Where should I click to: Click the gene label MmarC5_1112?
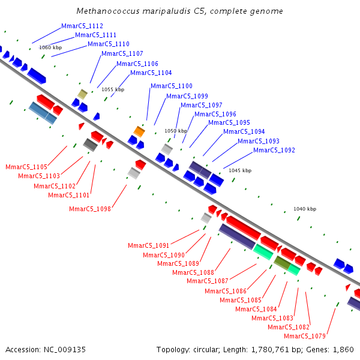[x=82, y=26]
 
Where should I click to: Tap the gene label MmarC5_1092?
[x=274, y=151]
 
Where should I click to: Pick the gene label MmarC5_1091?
[x=149, y=245]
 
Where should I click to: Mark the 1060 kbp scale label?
[x=50, y=47]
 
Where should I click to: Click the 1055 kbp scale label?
[x=113, y=89]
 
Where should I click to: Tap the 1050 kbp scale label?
[x=176, y=131]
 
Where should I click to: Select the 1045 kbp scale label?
[x=240, y=170]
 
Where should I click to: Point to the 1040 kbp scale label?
[x=305, y=209]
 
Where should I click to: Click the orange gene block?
[x=139, y=131]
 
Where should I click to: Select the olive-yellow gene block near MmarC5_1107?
[x=83, y=94]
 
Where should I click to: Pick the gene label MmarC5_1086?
[x=226, y=291]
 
